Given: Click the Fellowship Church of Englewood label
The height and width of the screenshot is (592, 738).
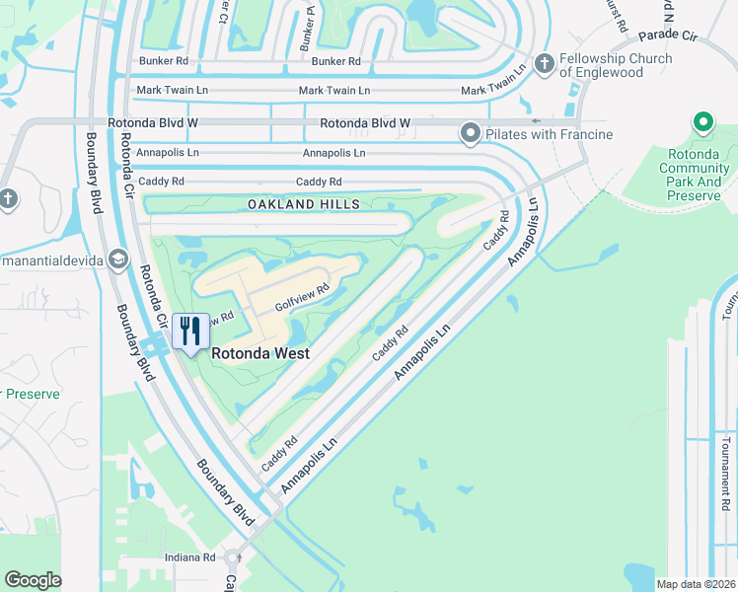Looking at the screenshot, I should pos(616,65).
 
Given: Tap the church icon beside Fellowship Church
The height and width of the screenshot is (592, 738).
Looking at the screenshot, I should pos(544,64).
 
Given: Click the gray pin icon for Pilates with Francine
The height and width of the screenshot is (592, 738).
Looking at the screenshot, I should pos(471,133).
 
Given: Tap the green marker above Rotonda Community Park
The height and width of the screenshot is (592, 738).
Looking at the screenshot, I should pos(703,123).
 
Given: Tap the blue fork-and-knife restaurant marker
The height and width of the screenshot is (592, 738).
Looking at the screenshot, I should pos(191,331).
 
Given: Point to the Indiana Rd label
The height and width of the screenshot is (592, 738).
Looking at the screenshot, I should pos(195,557).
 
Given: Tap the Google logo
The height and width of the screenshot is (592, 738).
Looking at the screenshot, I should pos(33,580).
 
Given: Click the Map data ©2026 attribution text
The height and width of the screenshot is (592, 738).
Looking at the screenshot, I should pos(695,584).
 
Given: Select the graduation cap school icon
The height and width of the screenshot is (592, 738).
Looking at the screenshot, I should pos(118,259).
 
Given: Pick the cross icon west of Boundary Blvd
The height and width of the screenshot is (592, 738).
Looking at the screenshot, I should pos(7,199).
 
